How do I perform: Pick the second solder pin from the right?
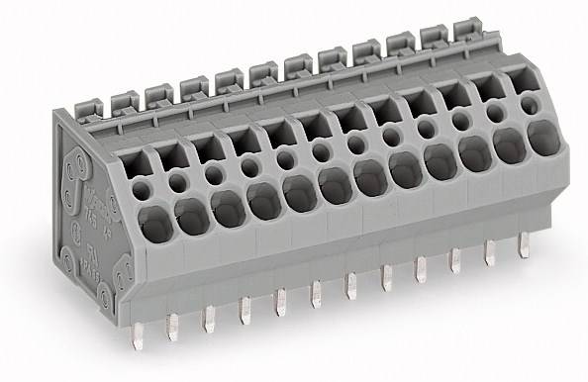point(487,255)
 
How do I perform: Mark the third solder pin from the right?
point(454,263)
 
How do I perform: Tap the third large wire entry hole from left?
point(227,206)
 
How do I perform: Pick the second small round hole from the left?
point(178,180)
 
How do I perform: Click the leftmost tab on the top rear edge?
point(89,104)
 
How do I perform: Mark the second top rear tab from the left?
point(124,97)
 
